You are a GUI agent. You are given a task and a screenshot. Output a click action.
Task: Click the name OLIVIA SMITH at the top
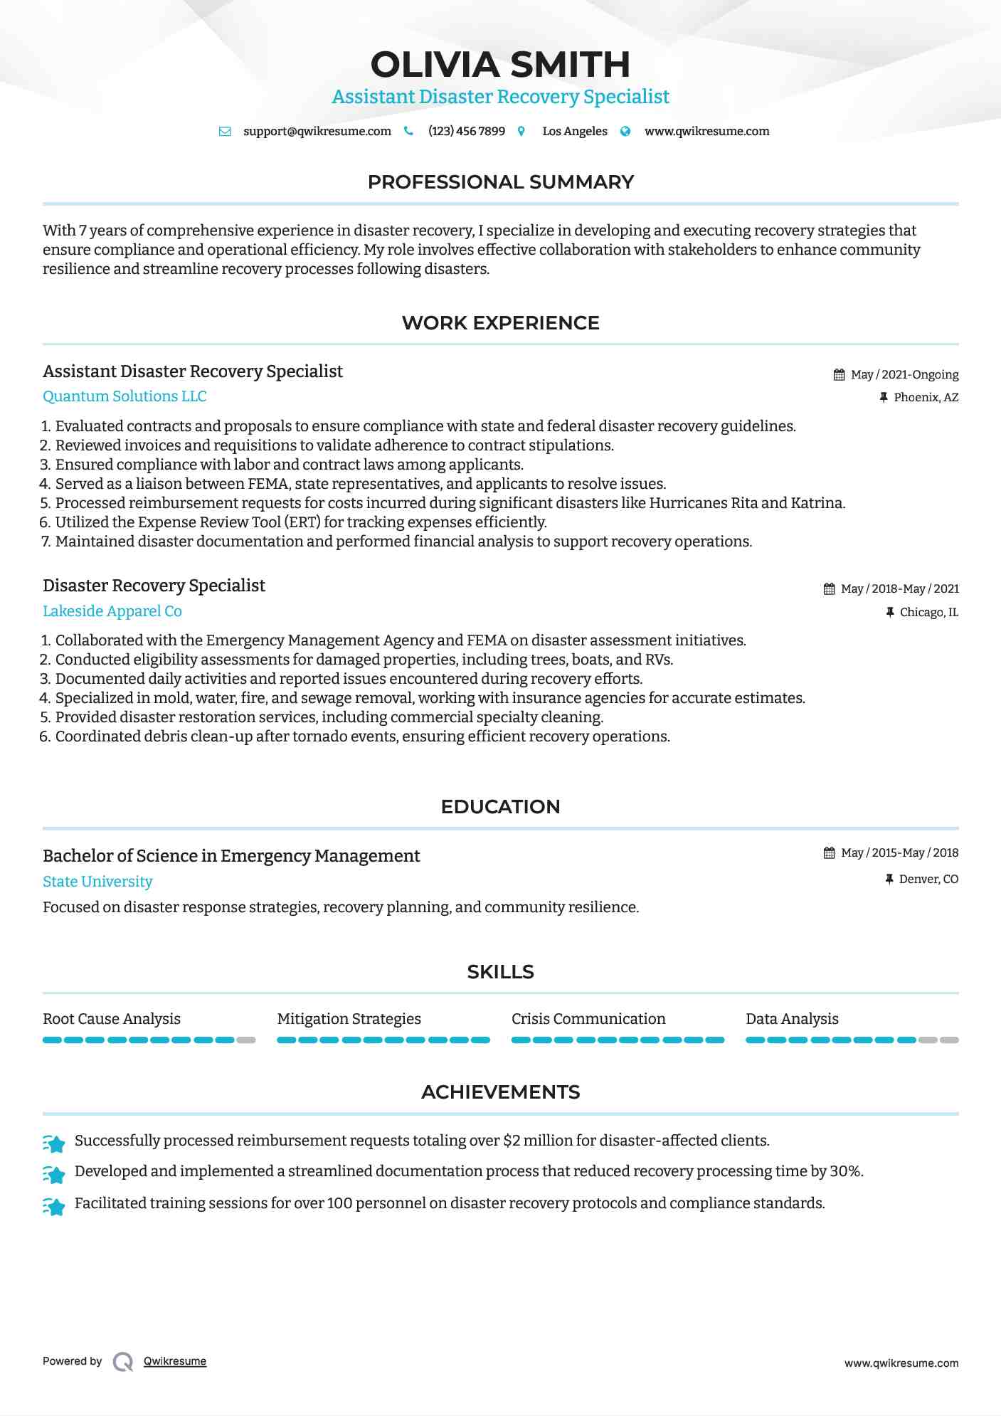click(x=500, y=65)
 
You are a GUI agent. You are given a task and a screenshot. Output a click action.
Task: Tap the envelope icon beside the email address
click(x=225, y=132)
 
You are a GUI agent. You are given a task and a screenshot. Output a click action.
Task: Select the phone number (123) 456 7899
click(x=466, y=132)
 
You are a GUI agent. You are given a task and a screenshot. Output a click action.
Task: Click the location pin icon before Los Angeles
click(x=521, y=132)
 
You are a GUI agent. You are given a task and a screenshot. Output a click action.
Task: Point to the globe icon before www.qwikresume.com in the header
click(x=625, y=132)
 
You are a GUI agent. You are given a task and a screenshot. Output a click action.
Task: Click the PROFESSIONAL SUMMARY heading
click(x=500, y=182)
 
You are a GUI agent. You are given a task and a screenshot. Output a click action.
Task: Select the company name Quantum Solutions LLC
click(x=125, y=396)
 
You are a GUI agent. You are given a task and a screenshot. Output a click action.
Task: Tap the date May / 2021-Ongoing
click(x=904, y=375)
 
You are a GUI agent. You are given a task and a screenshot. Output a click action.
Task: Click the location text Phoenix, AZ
click(x=926, y=398)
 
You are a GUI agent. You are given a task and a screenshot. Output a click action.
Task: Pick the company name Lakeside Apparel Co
click(x=112, y=611)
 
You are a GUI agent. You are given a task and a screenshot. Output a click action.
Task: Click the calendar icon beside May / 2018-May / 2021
click(x=829, y=589)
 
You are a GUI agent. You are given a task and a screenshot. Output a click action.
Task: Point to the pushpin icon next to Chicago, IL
click(x=889, y=612)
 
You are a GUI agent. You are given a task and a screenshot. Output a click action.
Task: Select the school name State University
click(x=97, y=882)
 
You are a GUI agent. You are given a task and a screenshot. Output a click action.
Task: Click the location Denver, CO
click(x=928, y=879)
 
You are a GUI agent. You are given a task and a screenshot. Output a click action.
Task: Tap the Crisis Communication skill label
click(x=588, y=1019)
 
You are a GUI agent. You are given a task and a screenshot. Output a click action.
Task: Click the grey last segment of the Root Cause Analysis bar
click(x=246, y=1040)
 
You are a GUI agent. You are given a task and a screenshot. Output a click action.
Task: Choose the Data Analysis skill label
click(x=792, y=1019)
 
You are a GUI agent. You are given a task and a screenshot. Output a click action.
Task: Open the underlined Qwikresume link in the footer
click(x=175, y=1361)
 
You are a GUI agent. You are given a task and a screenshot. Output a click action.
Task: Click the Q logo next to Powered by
click(x=123, y=1362)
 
